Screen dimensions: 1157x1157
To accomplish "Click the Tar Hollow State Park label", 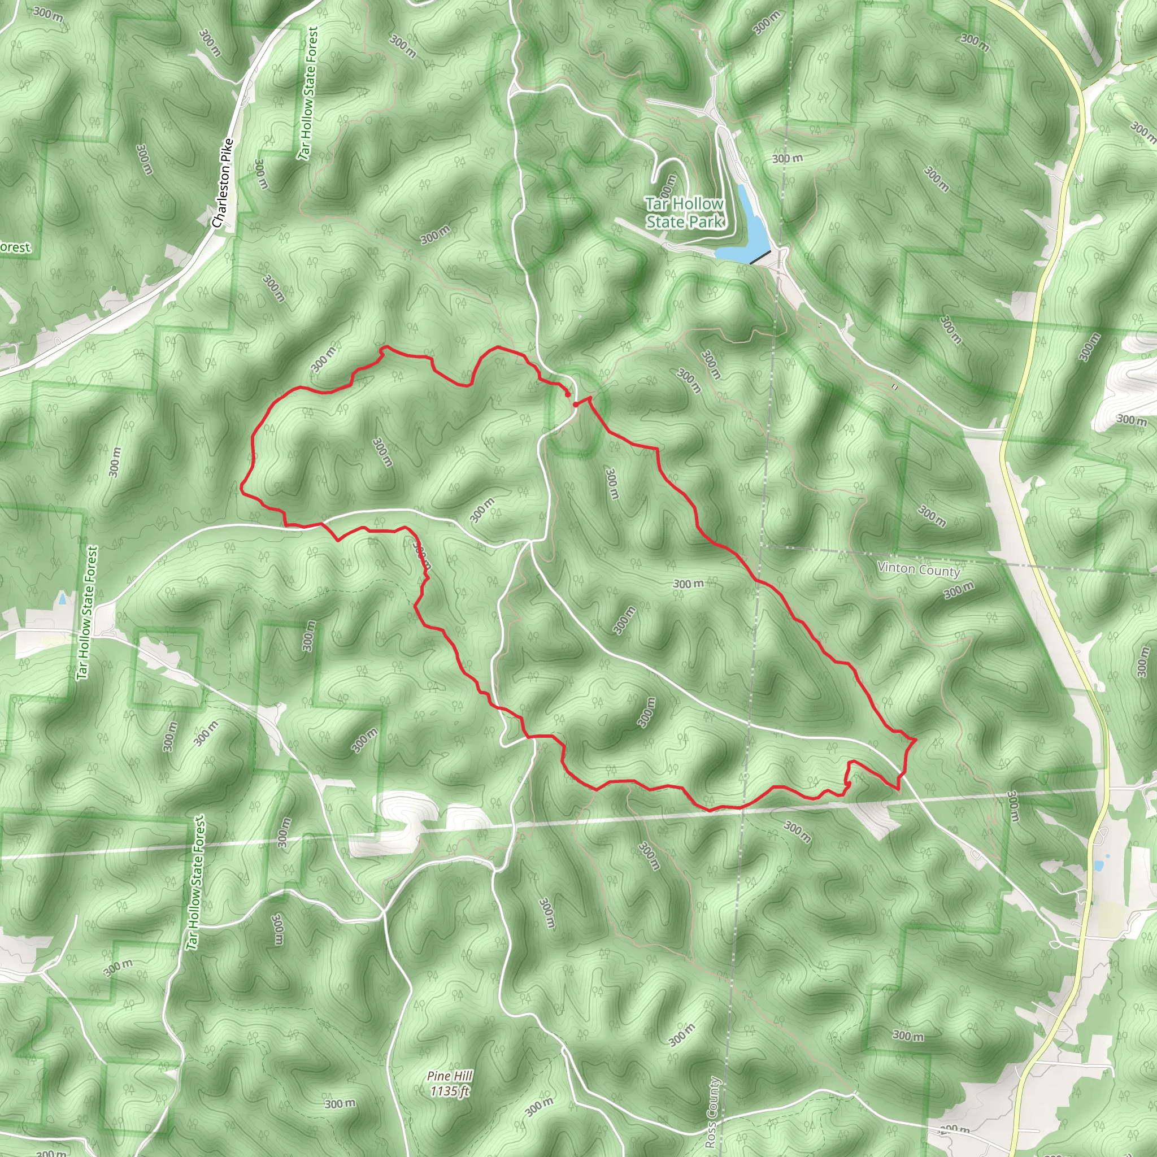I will pos(685,212).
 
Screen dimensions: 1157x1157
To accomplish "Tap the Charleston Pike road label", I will pos(223,183).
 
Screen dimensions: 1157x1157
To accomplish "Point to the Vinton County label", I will pos(919,569).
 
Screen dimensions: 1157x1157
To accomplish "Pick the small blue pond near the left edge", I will pos(63,598).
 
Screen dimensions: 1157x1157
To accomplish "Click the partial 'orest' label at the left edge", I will pos(15,247).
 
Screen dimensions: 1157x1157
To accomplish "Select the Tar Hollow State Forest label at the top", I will pos(308,93).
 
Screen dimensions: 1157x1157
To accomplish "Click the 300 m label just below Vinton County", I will pos(959,590).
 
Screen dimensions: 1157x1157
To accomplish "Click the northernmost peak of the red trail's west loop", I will pos(384,347).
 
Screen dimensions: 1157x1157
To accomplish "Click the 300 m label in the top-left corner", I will pos(48,13).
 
